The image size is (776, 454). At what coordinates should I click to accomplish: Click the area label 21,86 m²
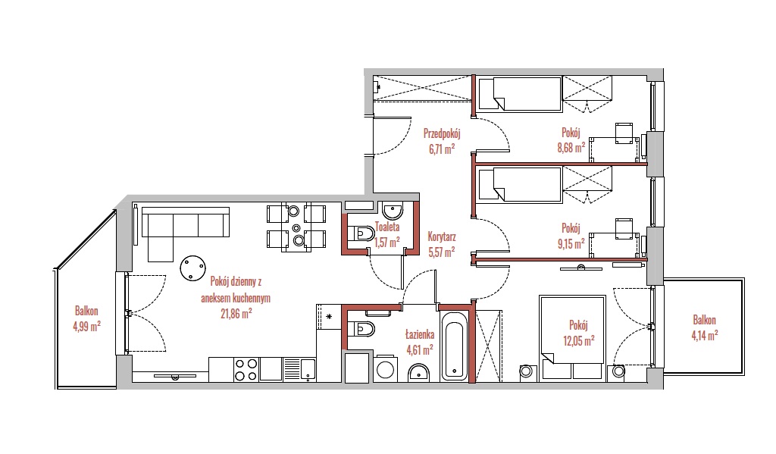(236, 313)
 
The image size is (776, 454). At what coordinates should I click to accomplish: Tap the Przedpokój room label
(442, 133)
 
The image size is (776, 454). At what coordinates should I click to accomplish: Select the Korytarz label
(442, 237)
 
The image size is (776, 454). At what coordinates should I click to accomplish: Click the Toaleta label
(387, 227)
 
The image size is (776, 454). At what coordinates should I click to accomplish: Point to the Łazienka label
(420, 335)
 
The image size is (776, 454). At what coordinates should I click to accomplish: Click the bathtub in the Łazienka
(454, 345)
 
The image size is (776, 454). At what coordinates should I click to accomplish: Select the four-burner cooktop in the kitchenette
(246, 369)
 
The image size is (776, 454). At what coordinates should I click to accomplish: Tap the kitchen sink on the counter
(300, 369)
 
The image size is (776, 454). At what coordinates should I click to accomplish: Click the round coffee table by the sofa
(192, 268)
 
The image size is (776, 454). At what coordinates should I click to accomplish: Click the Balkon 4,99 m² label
(86, 319)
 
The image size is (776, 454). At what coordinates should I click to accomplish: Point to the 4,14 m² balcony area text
(705, 336)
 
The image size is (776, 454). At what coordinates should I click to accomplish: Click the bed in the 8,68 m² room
(520, 93)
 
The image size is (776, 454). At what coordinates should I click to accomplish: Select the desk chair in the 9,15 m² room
(624, 227)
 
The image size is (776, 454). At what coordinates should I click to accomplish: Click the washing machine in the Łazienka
(386, 368)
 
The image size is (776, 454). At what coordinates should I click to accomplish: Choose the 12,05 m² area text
(578, 340)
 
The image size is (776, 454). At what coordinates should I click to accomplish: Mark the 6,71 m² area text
(442, 149)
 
